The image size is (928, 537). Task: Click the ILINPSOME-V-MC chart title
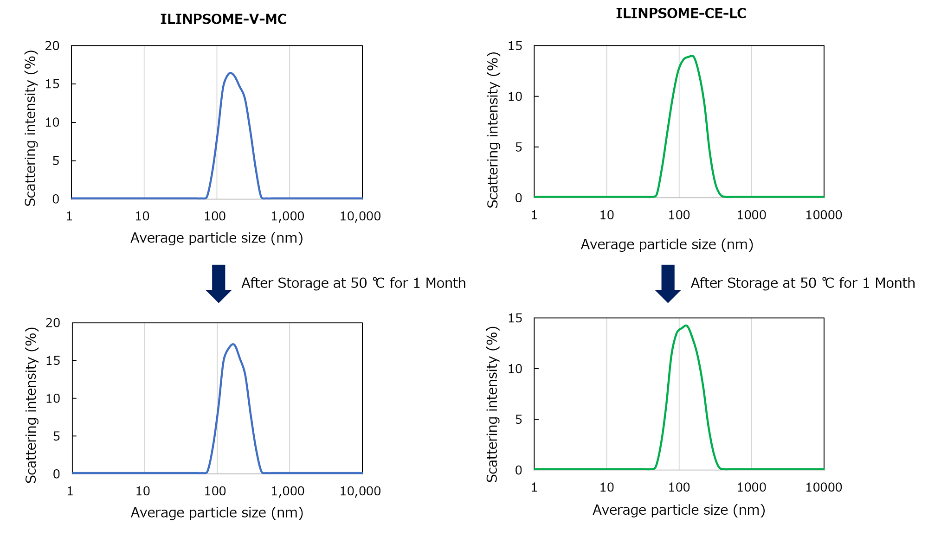pos(223,19)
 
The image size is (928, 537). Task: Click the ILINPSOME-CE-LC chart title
pos(681,14)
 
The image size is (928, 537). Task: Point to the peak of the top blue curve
pos(230,73)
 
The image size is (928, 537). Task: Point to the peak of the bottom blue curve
pos(233,344)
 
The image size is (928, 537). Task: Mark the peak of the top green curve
pos(692,56)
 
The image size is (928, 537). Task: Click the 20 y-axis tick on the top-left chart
pos(52,45)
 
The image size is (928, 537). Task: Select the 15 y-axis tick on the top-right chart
pos(515,45)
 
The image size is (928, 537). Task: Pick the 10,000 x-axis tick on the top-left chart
pos(360,216)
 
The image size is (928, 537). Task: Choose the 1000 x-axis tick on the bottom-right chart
pos(751,487)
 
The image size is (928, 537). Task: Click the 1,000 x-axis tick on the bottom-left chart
pos(288,491)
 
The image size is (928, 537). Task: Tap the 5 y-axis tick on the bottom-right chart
pos(518,419)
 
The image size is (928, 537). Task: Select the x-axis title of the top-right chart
pos(667,244)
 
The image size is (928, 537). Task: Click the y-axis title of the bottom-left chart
pos(31,405)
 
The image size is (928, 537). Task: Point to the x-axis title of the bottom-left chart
pos(217,512)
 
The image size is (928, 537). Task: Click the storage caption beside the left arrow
pos(353,283)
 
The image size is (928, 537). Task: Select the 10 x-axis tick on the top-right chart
pos(606,215)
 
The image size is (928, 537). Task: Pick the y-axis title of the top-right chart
pos(493,130)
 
